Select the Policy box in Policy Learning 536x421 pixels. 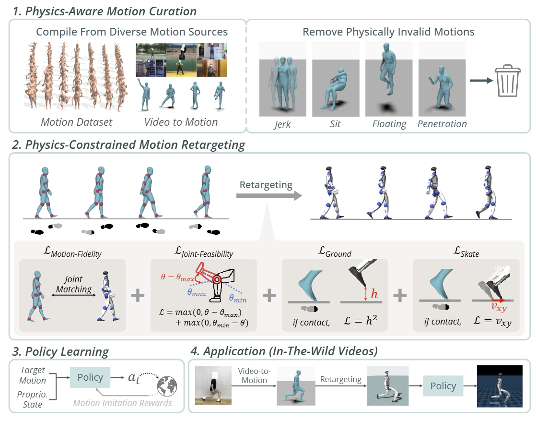point(90,377)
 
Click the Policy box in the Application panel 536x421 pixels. point(443,385)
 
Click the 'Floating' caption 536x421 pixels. point(389,124)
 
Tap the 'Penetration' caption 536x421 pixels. point(442,124)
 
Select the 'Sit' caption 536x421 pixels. point(335,124)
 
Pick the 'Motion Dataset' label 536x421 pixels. point(77,122)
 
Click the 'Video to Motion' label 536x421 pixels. point(181,122)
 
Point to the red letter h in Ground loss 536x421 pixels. point(374,293)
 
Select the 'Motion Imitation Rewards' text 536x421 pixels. point(122,403)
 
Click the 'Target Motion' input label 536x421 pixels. point(33,375)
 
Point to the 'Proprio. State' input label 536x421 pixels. point(33,399)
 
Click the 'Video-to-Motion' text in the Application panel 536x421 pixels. point(254,375)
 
